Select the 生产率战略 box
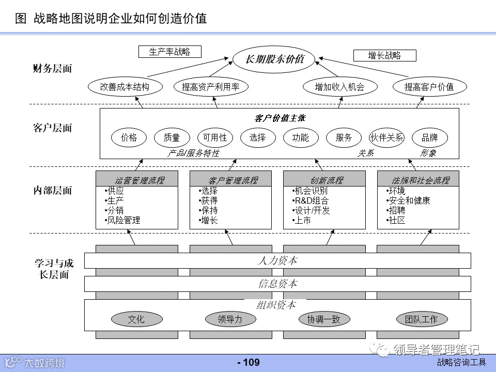pos(169,52)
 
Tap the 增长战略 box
pos(384,55)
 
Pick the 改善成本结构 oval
pos(125,87)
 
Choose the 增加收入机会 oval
pos(339,87)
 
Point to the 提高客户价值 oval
pos(429,87)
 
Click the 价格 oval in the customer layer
pos(129,137)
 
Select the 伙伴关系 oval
pos(387,137)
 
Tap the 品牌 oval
pos(429,137)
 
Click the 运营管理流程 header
pos(137,180)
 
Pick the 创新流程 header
pos(324,180)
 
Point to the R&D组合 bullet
pos(311,200)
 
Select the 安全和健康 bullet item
pos(409,200)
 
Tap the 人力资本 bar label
pos(277,260)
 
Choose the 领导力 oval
pos(230,319)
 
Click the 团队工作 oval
pos(422,319)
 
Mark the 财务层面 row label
pos(52,68)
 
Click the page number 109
pos(249,363)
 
